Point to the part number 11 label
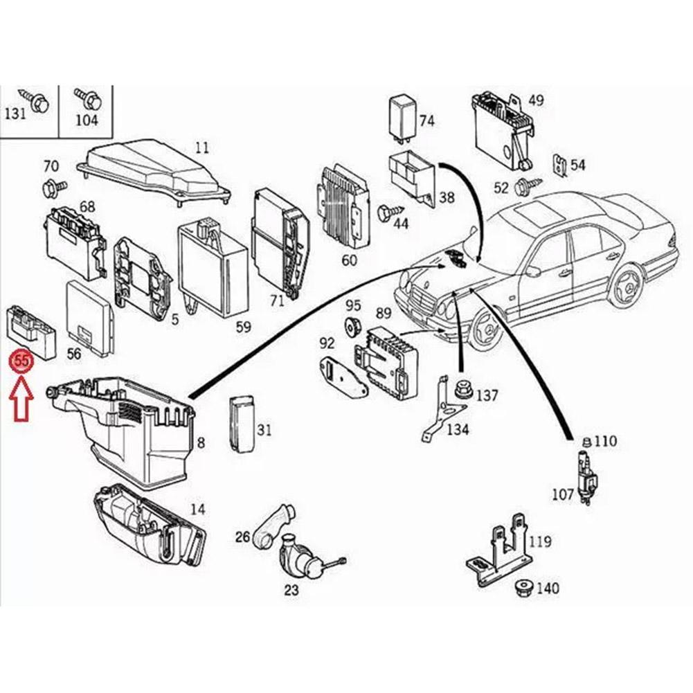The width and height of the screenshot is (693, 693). [x=201, y=147]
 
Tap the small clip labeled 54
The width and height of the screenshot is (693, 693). [x=559, y=166]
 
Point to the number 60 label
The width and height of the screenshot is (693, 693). [x=349, y=260]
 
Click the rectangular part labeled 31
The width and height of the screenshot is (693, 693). [x=241, y=424]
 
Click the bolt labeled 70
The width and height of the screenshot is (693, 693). [x=53, y=186]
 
